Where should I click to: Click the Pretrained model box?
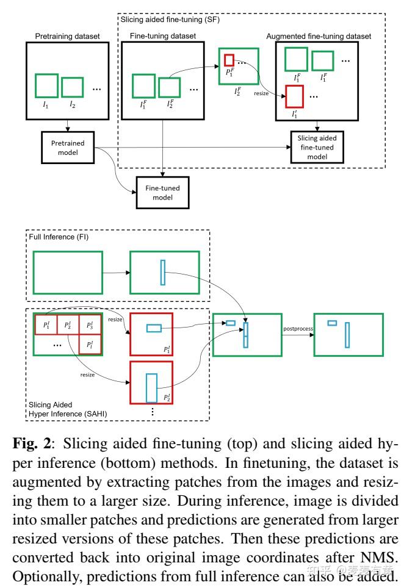[x=68, y=147]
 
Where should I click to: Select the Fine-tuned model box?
[x=162, y=193]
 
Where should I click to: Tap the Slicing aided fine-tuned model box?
[x=317, y=147]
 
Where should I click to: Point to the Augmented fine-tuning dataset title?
[x=319, y=37]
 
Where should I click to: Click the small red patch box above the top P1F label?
[x=229, y=60]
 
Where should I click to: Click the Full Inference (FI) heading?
[x=59, y=235]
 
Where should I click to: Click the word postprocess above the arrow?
[x=298, y=329]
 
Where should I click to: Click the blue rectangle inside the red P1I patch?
[x=154, y=328]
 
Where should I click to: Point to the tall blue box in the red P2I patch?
[x=151, y=388]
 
